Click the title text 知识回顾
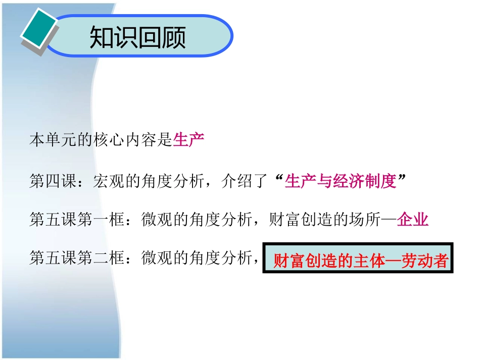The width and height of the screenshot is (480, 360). pos(137,37)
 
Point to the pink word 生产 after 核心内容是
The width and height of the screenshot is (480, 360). pos(188,140)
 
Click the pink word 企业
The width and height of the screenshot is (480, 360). pos(413,220)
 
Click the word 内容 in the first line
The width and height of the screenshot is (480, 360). pos(141,140)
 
